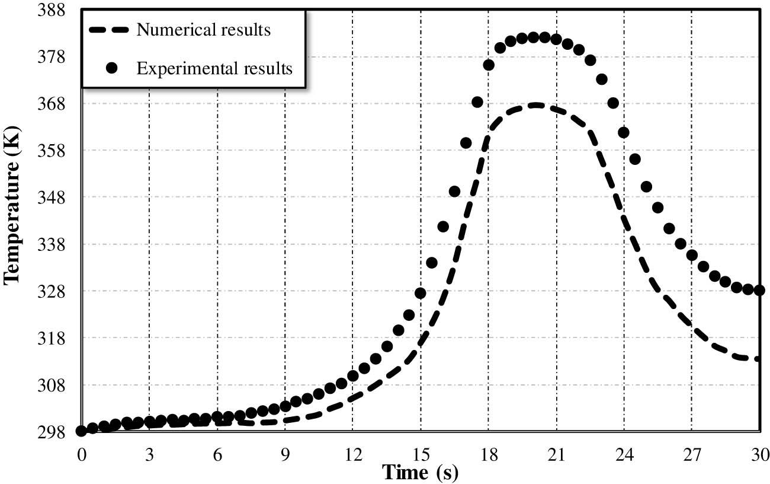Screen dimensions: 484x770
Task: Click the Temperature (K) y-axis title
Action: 13,205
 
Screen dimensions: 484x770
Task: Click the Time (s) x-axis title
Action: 420,472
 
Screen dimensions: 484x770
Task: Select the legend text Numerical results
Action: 204,30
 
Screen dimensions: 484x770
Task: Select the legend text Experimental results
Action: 214,68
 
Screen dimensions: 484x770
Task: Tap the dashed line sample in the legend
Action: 110,30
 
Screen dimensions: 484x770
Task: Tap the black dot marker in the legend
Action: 110,68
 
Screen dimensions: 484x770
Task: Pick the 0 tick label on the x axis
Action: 81,454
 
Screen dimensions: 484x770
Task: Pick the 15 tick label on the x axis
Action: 421,454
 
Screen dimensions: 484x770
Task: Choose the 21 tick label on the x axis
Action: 556,454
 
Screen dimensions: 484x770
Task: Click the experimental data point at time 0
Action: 81,431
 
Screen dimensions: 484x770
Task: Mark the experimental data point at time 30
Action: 759,290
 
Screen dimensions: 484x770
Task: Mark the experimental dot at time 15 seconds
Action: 421,293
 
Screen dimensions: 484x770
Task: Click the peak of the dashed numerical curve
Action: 536,105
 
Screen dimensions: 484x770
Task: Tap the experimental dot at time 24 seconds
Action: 624,132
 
